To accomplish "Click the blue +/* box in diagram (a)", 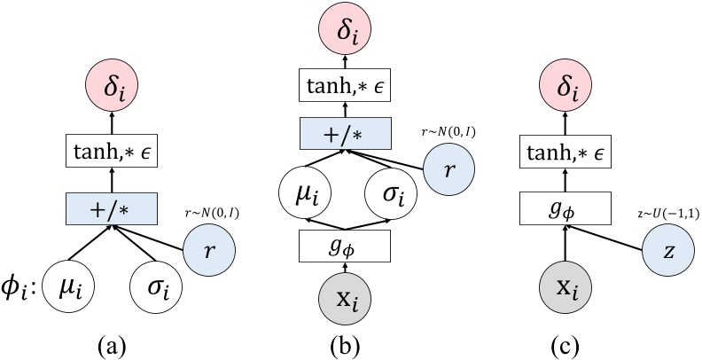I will pos(113,209).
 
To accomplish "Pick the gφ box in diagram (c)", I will pos(565,209).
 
